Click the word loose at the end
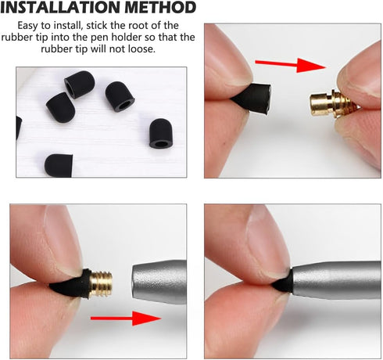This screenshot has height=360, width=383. (141, 49)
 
